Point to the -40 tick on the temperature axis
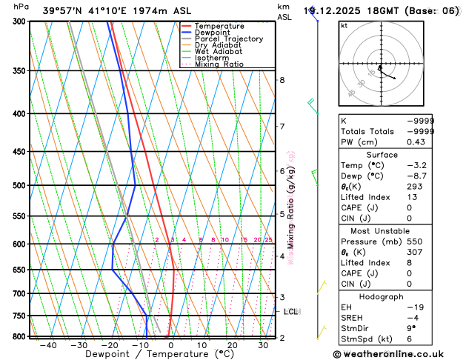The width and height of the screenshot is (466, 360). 49,345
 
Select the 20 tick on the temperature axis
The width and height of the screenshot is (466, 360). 232,345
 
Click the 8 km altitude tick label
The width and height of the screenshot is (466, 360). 282,80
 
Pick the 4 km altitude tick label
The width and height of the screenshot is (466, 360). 282,256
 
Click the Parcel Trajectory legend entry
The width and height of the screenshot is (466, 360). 228,39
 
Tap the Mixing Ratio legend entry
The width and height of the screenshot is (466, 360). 216,64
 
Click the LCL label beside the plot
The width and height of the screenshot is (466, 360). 291,312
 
